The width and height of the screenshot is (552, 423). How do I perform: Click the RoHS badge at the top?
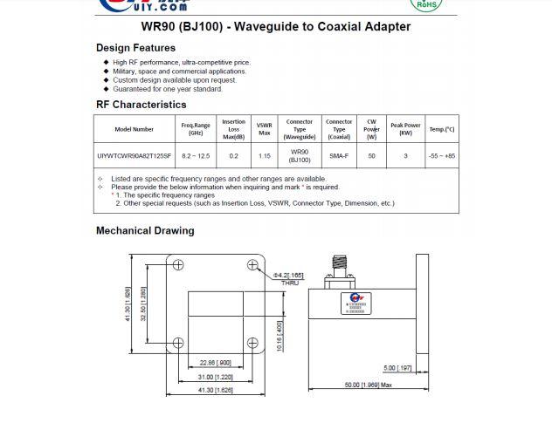click(x=425, y=4)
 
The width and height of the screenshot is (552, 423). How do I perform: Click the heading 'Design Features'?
click(x=135, y=48)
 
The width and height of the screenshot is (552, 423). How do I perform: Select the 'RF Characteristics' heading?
click(x=141, y=105)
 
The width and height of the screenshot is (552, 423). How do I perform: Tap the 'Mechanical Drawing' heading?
click(x=145, y=231)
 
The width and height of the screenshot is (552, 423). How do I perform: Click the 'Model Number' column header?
click(x=134, y=129)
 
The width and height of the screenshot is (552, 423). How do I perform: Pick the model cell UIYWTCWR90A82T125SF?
click(x=134, y=156)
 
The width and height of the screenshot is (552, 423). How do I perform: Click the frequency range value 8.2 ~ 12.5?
click(x=196, y=156)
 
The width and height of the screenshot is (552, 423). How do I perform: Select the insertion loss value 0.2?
click(x=233, y=156)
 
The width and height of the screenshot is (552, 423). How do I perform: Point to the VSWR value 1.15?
click(x=264, y=156)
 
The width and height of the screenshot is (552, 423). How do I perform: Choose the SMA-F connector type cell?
click(x=339, y=156)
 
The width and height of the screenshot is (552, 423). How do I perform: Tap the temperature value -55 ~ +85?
click(x=441, y=156)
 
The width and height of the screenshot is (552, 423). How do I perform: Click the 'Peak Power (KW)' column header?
click(x=405, y=129)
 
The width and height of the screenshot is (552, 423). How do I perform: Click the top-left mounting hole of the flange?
click(x=179, y=266)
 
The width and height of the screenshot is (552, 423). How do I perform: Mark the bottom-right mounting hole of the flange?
click(x=253, y=343)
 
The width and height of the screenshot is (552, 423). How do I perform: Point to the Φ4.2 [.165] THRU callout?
click(x=289, y=278)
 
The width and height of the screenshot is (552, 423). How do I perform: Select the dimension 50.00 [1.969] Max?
click(x=368, y=385)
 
